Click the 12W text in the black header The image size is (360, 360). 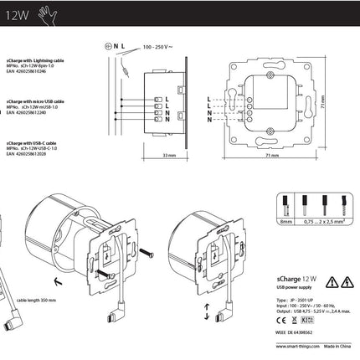(x=13, y=14)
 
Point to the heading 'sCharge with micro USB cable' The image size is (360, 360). (x=42, y=98)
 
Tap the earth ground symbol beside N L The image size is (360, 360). (x=108, y=39)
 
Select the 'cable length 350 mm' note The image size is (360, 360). (x=35, y=297)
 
